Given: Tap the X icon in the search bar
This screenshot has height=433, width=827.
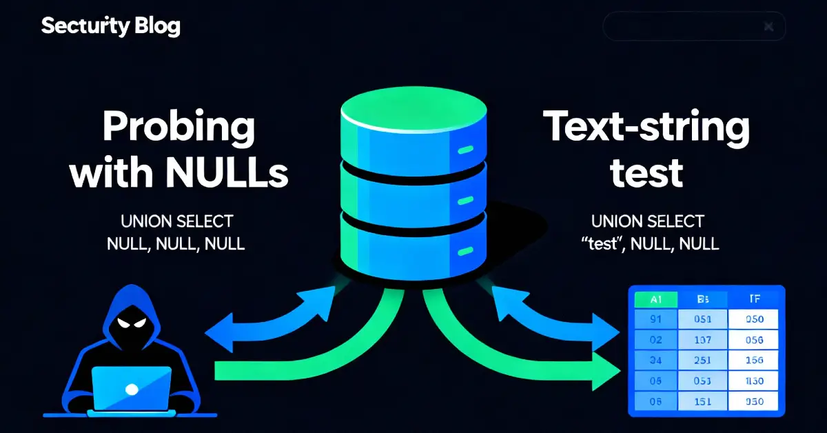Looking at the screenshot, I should point(769,27).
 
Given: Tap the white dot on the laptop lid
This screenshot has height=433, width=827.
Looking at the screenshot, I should point(130,387).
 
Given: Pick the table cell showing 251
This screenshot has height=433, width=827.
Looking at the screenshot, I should point(703,359).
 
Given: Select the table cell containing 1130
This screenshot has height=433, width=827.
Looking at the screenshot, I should point(753,381).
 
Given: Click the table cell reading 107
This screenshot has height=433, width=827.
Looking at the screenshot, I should point(703,339).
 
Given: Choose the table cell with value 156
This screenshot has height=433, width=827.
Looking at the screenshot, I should point(753,359).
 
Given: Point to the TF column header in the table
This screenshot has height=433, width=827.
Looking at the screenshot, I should point(753,299).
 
